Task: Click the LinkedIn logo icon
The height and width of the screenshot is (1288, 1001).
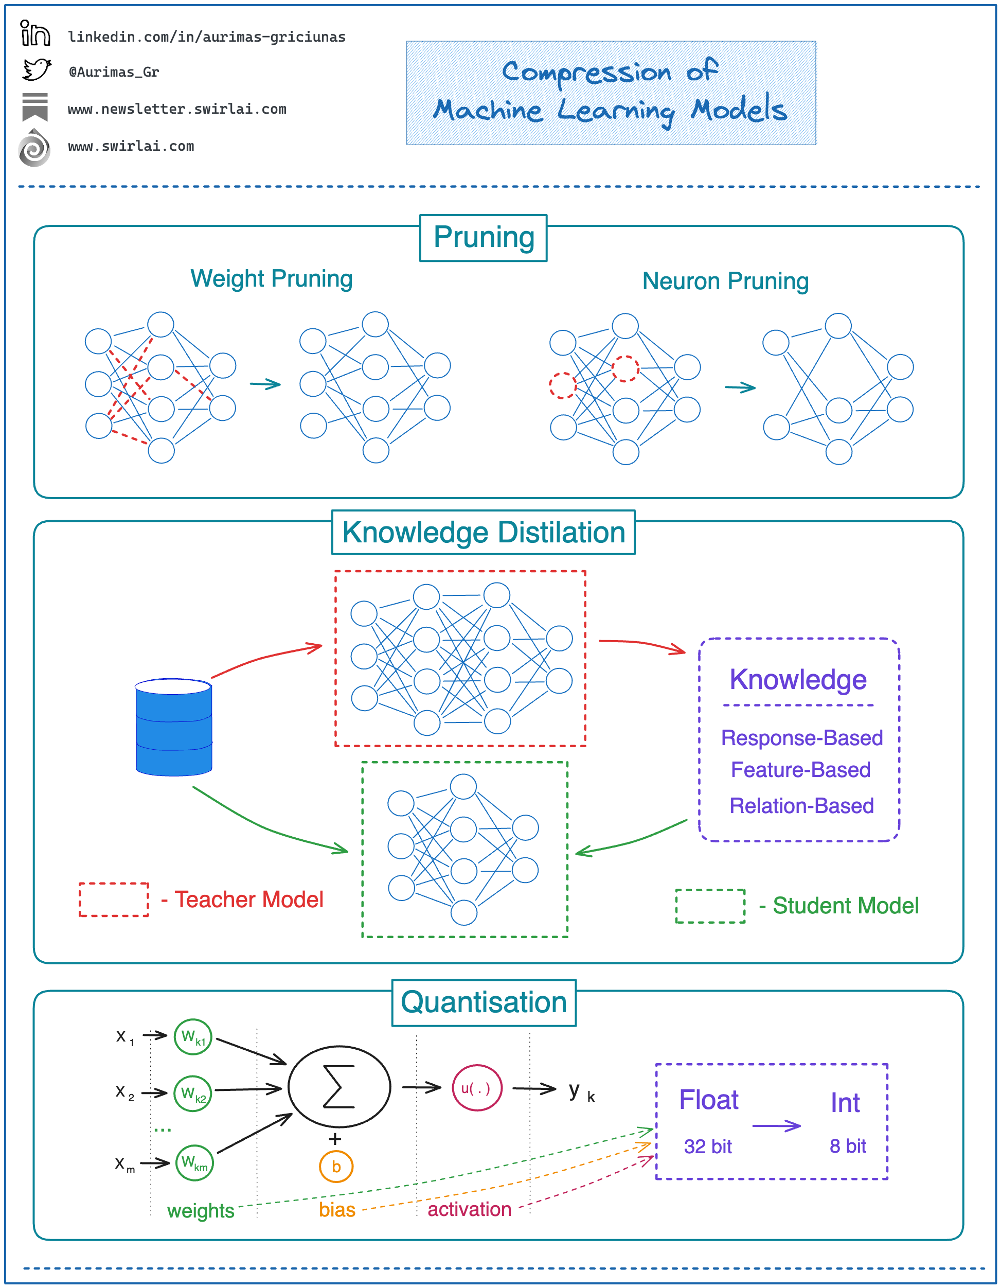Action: [x=35, y=33]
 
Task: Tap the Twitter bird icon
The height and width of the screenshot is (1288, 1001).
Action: [x=37, y=69]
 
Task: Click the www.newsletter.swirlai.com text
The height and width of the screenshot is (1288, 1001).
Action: [x=177, y=109]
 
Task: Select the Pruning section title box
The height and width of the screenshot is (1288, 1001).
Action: [x=484, y=238]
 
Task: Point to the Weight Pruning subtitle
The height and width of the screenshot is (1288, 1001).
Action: [x=271, y=278]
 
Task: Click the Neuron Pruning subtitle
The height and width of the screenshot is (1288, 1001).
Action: [x=725, y=281]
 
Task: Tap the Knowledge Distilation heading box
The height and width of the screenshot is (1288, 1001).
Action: [x=484, y=533]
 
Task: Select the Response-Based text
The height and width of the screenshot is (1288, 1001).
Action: [x=802, y=738]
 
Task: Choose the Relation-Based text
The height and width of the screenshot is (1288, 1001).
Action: [x=802, y=806]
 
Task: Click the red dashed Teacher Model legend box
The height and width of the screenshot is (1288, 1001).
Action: [x=114, y=899]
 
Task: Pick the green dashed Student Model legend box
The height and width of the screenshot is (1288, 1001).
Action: [x=710, y=906]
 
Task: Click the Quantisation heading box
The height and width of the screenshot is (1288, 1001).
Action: [x=484, y=1002]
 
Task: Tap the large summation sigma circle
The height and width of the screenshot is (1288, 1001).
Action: [x=339, y=1086]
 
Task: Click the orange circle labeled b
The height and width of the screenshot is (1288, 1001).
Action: [x=336, y=1167]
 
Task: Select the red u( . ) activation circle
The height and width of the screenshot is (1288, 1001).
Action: [x=476, y=1088]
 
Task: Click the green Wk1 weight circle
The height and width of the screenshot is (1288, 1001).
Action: [x=193, y=1037]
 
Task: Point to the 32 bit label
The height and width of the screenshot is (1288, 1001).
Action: [x=707, y=1146]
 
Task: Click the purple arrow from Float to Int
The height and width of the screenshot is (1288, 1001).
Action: [x=776, y=1126]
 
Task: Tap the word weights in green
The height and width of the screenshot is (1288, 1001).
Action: [x=201, y=1211]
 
